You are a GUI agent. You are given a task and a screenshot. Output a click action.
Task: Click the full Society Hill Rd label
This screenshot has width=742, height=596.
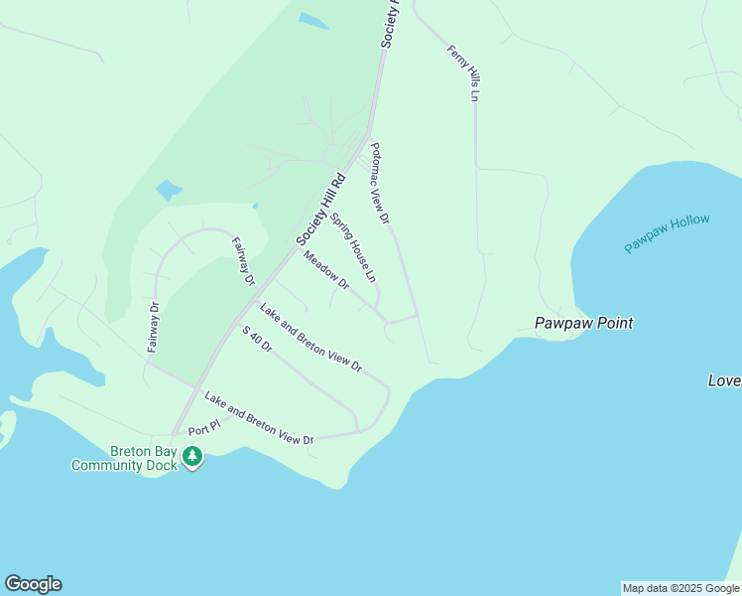pos(319,210)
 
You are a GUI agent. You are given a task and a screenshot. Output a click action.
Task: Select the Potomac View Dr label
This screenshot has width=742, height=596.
pos(380,183)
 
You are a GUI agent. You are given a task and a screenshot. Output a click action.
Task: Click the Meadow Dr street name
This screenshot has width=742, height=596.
pos(326,269)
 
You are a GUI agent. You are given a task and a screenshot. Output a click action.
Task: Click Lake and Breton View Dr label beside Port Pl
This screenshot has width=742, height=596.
pos(259,418)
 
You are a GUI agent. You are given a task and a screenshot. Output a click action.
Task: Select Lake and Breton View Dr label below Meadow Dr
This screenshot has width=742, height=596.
pos(310,338)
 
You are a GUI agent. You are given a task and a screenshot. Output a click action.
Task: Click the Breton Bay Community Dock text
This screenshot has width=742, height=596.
pos(123,457)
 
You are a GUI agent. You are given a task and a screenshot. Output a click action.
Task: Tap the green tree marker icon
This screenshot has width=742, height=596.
pos(192,457)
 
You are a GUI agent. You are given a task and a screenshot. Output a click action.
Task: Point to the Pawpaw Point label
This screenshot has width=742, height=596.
pos(583,323)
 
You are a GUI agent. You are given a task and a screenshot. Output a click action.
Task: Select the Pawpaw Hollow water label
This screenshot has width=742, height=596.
pos(667,232)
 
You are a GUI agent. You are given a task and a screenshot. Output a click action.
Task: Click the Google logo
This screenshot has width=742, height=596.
pos(33,584)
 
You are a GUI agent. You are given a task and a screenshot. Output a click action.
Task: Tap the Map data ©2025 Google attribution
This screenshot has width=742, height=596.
pos(680,588)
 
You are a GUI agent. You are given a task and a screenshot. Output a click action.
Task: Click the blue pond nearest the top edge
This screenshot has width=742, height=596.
pos(312,20)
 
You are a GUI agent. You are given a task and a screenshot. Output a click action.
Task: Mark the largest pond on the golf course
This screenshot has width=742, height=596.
pos(169,189)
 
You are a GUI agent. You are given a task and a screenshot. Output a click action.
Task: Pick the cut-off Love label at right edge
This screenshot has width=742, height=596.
pos(724,380)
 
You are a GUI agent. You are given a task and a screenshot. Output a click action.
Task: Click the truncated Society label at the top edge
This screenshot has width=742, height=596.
pos(389,23)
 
